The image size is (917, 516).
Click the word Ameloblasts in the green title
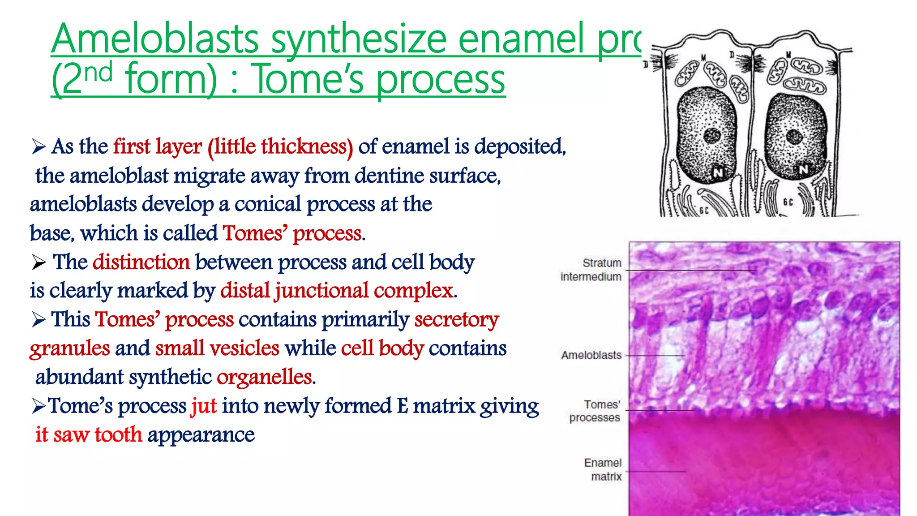click(x=155, y=39)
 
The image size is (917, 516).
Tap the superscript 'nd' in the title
click(x=99, y=73)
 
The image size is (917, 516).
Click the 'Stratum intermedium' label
click(x=591, y=270)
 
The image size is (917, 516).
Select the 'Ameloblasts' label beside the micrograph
click(x=591, y=355)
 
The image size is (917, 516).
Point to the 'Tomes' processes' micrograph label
click(x=595, y=411)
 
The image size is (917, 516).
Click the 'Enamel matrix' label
click(x=603, y=469)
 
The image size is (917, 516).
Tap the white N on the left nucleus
click(x=718, y=172)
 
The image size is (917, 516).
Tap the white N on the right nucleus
click(x=803, y=169)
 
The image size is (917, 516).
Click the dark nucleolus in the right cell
click(x=794, y=137)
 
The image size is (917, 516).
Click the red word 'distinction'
click(x=141, y=262)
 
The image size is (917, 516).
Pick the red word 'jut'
click(x=204, y=406)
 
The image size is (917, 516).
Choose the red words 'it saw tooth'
click(x=89, y=435)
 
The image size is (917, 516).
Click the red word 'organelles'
click(x=265, y=377)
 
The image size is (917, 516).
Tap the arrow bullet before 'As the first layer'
click(x=39, y=147)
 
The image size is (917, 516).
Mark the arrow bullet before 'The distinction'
click(x=39, y=262)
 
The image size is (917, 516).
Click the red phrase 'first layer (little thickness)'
click(x=233, y=147)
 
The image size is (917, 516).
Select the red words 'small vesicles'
click(x=218, y=348)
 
